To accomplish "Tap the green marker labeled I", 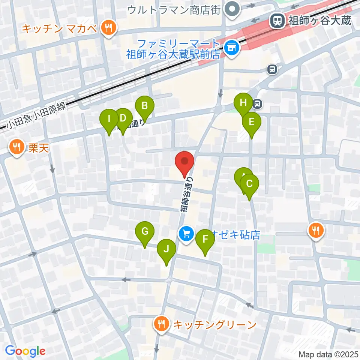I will tap(109, 119).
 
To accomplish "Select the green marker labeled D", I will tap(123, 118).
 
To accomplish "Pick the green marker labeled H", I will tap(243, 102).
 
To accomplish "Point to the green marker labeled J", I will tap(166, 249).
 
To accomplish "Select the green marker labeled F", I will tap(205, 239).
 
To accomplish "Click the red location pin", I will tap(185, 162).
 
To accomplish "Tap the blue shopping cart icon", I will tap(186, 234).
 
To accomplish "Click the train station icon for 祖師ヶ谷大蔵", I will tap(278, 20).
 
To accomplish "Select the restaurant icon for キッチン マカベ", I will tap(108, 28).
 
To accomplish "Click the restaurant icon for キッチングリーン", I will tap(162, 324).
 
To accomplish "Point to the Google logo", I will tap(25, 351).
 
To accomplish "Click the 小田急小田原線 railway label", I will tap(36, 115).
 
